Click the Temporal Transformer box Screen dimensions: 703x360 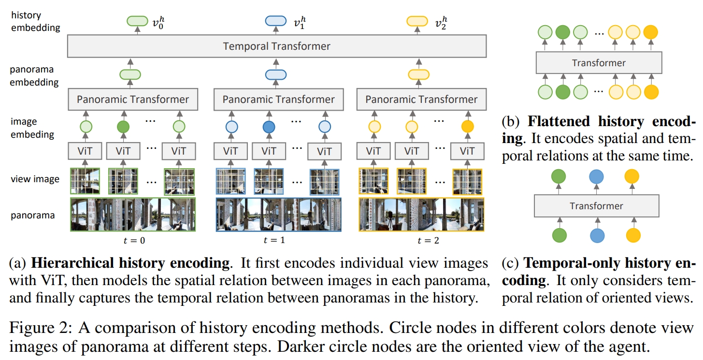pyautogui.click(x=277, y=46)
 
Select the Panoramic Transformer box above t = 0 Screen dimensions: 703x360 pyautogui.click(x=133, y=99)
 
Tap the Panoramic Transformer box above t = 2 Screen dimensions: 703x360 pyautogui.click(x=421, y=99)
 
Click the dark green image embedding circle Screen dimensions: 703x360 pyautogui.click(x=123, y=127)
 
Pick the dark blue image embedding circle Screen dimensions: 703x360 pyautogui.click(x=269, y=127)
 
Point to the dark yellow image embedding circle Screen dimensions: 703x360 pyautogui.click(x=468, y=127)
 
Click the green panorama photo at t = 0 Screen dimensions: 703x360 pyautogui.click(x=133, y=215)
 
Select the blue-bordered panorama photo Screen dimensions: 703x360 pyautogui.click(x=278, y=215)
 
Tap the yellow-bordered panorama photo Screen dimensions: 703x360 pyautogui.click(x=421, y=215)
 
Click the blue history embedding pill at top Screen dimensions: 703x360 pyautogui.click(x=275, y=21)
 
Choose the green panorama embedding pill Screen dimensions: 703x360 pyautogui.click(x=130, y=75)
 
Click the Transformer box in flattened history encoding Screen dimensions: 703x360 pyautogui.click(x=599, y=63)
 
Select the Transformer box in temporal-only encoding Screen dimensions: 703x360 pyautogui.click(x=597, y=206)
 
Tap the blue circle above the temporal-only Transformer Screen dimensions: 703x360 pyautogui.click(x=596, y=176)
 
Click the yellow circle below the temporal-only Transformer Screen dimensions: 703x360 pyautogui.click(x=633, y=235)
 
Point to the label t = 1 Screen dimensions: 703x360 pyautogui.click(x=274, y=241)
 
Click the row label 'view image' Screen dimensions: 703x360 pyautogui.click(x=35, y=179)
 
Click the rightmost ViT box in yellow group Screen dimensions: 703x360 pyautogui.click(x=467, y=151)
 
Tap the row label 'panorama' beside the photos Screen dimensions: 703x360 pyautogui.click(x=33, y=216)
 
